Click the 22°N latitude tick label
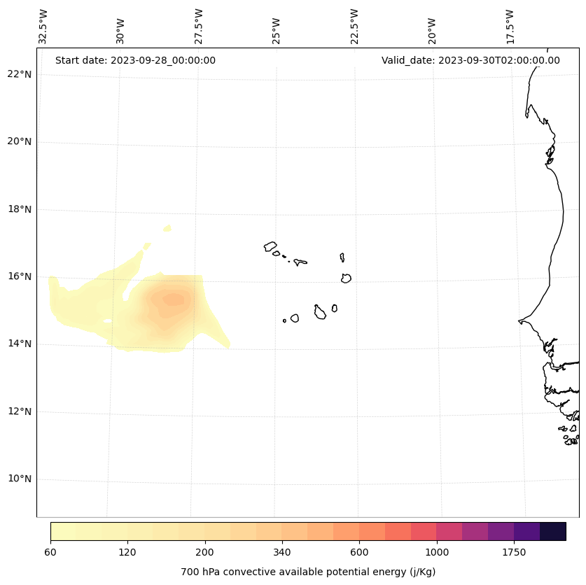point(20,74)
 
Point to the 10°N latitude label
point(20,479)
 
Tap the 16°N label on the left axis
point(20,276)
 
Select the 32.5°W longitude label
point(43,27)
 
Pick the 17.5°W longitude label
point(510,27)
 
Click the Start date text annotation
point(135,60)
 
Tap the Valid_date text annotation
point(470,60)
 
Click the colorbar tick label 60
point(50,552)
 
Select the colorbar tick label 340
point(282,552)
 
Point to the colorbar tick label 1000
point(437,552)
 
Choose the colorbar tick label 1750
point(514,552)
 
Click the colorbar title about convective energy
point(308,572)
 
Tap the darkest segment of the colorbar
point(553,531)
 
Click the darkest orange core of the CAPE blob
point(173,299)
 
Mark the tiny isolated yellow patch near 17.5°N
point(167,228)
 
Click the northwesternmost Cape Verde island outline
point(270,246)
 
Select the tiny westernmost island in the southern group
point(284,320)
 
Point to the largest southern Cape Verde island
point(320,312)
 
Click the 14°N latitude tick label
point(20,344)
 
